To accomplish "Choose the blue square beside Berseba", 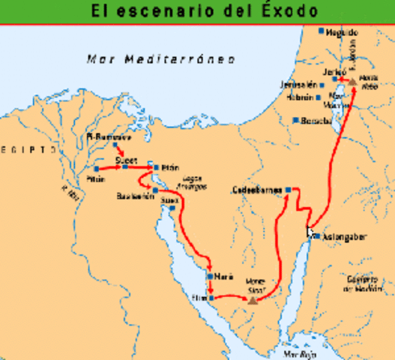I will [297, 120].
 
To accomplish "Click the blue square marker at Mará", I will [209, 276].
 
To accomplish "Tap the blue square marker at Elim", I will [211, 298].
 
